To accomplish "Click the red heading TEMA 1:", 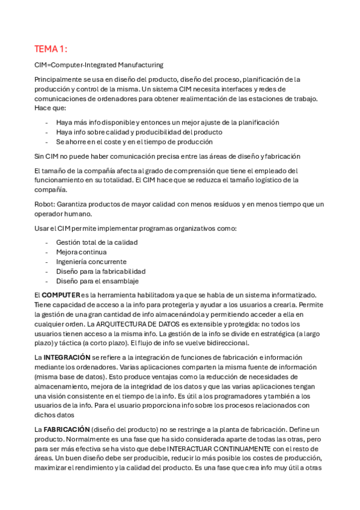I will tap(51, 49).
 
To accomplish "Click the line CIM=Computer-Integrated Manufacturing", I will tap(99, 65).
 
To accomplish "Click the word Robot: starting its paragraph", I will tap(45, 204).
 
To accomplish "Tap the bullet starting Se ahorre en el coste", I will tap(134, 142).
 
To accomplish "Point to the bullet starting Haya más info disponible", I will tap(168, 122).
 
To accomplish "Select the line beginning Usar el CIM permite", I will tap(135, 229).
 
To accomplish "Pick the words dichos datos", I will tap(55, 415).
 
